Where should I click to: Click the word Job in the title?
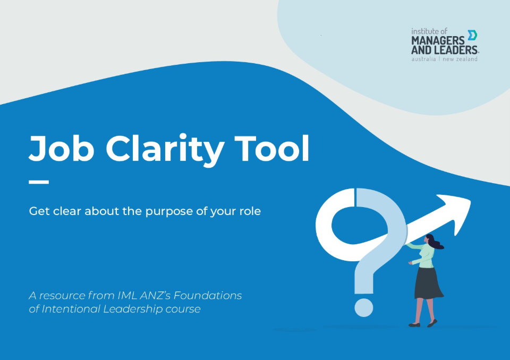coord(62,149)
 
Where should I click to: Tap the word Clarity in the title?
coord(165,150)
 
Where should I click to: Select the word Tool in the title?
coord(272,148)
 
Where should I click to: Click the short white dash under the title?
coord(39,182)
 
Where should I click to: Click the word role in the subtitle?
coord(250,211)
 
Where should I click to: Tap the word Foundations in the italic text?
coord(208,295)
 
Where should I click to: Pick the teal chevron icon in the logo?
coord(472,35)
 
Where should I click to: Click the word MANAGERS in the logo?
coord(438,41)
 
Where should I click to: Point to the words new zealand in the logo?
coord(460,59)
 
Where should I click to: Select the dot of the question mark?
coord(363,307)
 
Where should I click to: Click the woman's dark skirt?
coord(428,283)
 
